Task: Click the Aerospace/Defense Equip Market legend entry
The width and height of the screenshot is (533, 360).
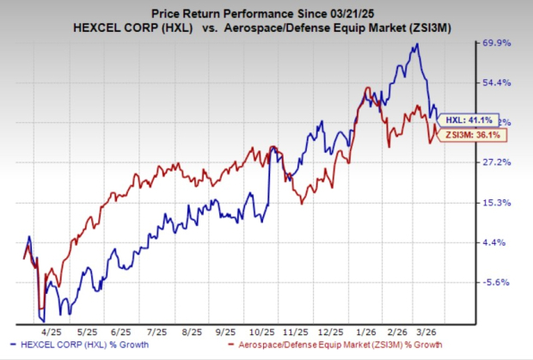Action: coord(329,346)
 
